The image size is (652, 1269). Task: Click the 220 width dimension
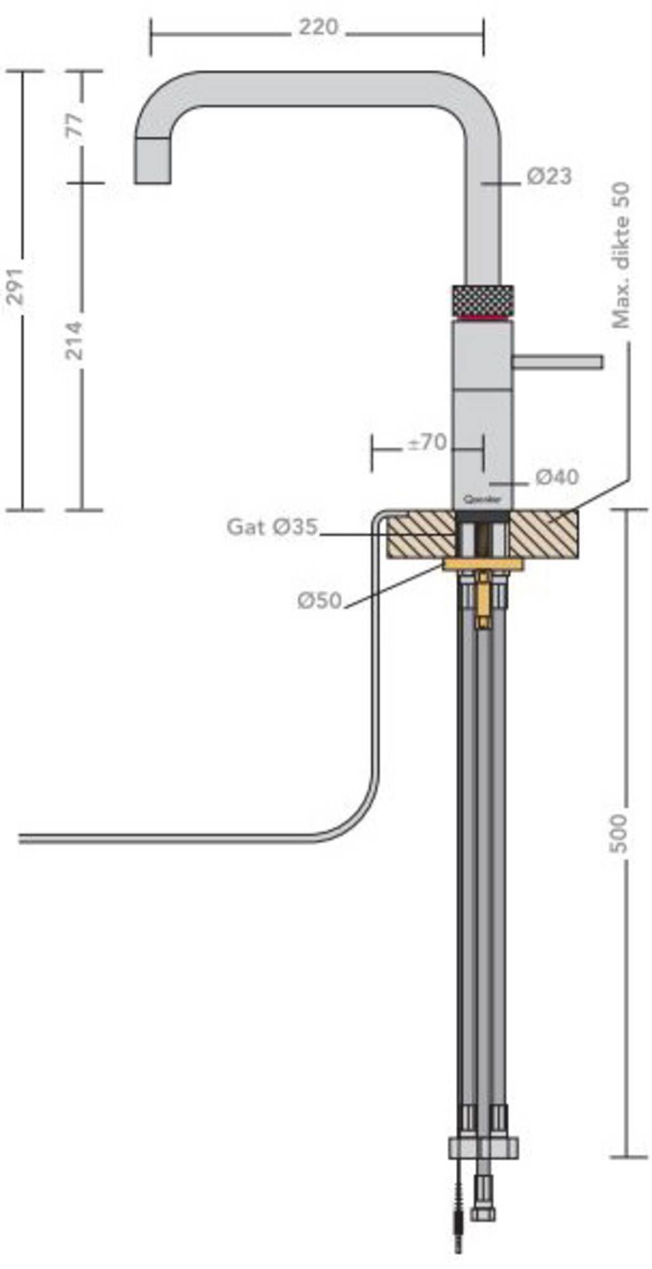tap(319, 27)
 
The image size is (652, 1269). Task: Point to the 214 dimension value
tap(76, 340)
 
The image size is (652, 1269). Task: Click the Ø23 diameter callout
tap(549, 176)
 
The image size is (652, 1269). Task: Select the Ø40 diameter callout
tap(557, 477)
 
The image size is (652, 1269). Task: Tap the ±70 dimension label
tap(427, 442)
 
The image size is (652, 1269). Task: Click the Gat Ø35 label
tap(272, 527)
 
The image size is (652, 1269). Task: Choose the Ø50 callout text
tap(319, 600)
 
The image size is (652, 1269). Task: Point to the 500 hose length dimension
tap(620, 833)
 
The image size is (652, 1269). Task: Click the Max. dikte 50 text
tap(622, 255)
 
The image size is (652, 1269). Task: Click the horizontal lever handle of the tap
tap(558, 362)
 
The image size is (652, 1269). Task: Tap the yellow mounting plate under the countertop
tap(482, 565)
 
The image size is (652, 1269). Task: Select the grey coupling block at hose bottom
tap(483, 1148)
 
